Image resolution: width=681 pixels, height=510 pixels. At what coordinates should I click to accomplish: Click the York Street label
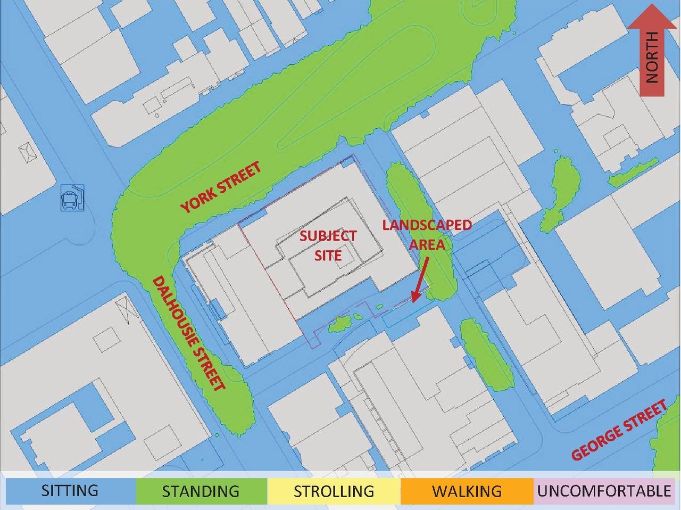tap(221, 187)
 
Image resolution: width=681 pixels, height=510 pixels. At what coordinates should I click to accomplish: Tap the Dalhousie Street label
tap(189, 333)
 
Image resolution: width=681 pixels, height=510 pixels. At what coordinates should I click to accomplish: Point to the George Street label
tap(619, 431)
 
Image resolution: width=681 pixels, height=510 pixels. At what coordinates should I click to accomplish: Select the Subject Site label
tap(328, 245)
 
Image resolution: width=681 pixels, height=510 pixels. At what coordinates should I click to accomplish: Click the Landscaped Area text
tap(427, 234)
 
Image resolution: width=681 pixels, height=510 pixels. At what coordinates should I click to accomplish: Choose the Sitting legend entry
tap(70, 490)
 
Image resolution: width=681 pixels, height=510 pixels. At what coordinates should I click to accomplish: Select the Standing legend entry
tap(201, 490)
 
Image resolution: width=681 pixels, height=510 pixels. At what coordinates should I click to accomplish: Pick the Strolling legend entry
tap(334, 490)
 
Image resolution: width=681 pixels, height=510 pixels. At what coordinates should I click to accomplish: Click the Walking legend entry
tap(467, 490)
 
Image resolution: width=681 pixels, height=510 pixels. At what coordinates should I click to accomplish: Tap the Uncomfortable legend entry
tap(604, 490)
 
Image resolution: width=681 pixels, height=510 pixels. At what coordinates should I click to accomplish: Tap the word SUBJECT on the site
tap(328, 236)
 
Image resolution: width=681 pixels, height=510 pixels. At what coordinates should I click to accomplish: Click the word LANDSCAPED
tap(427, 225)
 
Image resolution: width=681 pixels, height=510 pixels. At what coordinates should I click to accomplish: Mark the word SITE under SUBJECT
tap(328, 256)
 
